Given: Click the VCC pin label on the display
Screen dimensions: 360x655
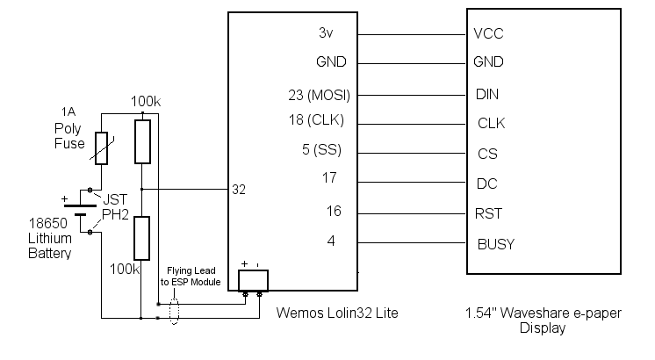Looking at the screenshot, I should [x=489, y=34].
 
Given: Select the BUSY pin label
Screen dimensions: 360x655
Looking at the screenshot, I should [x=495, y=243].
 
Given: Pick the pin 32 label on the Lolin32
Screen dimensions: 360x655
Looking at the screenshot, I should [x=238, y=189].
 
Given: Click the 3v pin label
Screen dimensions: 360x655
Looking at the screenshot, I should [x=327, y=34].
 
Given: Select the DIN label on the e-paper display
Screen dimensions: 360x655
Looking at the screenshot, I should [x=487, y=92].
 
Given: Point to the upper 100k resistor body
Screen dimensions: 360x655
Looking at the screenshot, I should [x=141, y=141].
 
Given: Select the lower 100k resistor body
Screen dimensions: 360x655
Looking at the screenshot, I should [x=141, y=240].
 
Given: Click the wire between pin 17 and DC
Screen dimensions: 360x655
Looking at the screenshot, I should [x=413, y=183].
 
